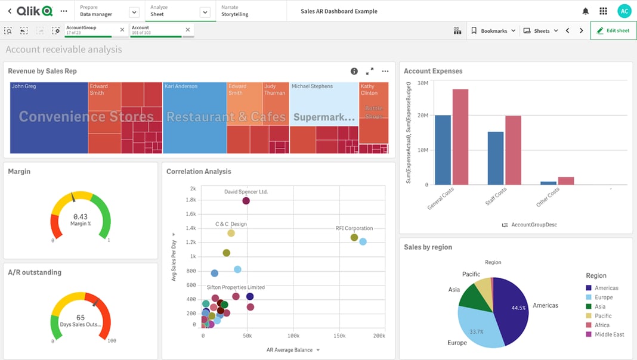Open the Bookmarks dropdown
pyautogui.click(x=493, y=30)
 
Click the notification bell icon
pyautogui.click(x=585, y=11)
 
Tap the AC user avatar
pyautogui.click(x=624, y=11)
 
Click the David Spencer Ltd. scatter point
pyautogui.click(x=246, y=201)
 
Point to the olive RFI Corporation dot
pyautogui.click(x=354, y=237)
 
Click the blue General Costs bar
pyautogui.click(x=443, y=150)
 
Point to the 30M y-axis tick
pyautogui.click(x=422, y=83)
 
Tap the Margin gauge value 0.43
pyautogui.click(x=81, y=216)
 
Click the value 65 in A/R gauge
pyautogui.click(x=81, y=318)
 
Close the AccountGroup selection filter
pyautogui.click(x=122, y=30)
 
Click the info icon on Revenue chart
pyautogui.click(x=354, y=71)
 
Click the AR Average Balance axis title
pyautogui.click(x=289, y=350)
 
